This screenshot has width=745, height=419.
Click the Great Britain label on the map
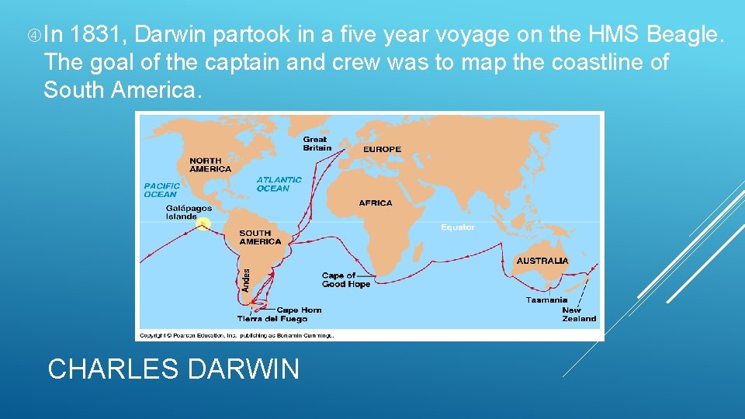coord(317,144)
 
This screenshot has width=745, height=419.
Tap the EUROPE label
coord(382,149)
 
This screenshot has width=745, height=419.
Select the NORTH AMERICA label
coord(210,164)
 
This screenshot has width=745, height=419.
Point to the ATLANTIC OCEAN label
coord(279,184)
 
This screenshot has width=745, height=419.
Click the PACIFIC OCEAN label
coord(161,190)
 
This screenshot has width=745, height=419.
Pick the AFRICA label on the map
coord(376,203)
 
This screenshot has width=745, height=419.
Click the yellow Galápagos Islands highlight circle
coord(203,224)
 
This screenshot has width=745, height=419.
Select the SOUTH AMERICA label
coord(260,237)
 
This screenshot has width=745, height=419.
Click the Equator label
coord(458,227)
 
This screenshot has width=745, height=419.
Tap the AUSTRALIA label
coord(542,261)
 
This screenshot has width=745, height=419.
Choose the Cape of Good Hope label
coord(345,280)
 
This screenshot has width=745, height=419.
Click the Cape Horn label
coord(299,310)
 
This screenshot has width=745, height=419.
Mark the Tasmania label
coord(546,300)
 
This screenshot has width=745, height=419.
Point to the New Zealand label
coord(579,314)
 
